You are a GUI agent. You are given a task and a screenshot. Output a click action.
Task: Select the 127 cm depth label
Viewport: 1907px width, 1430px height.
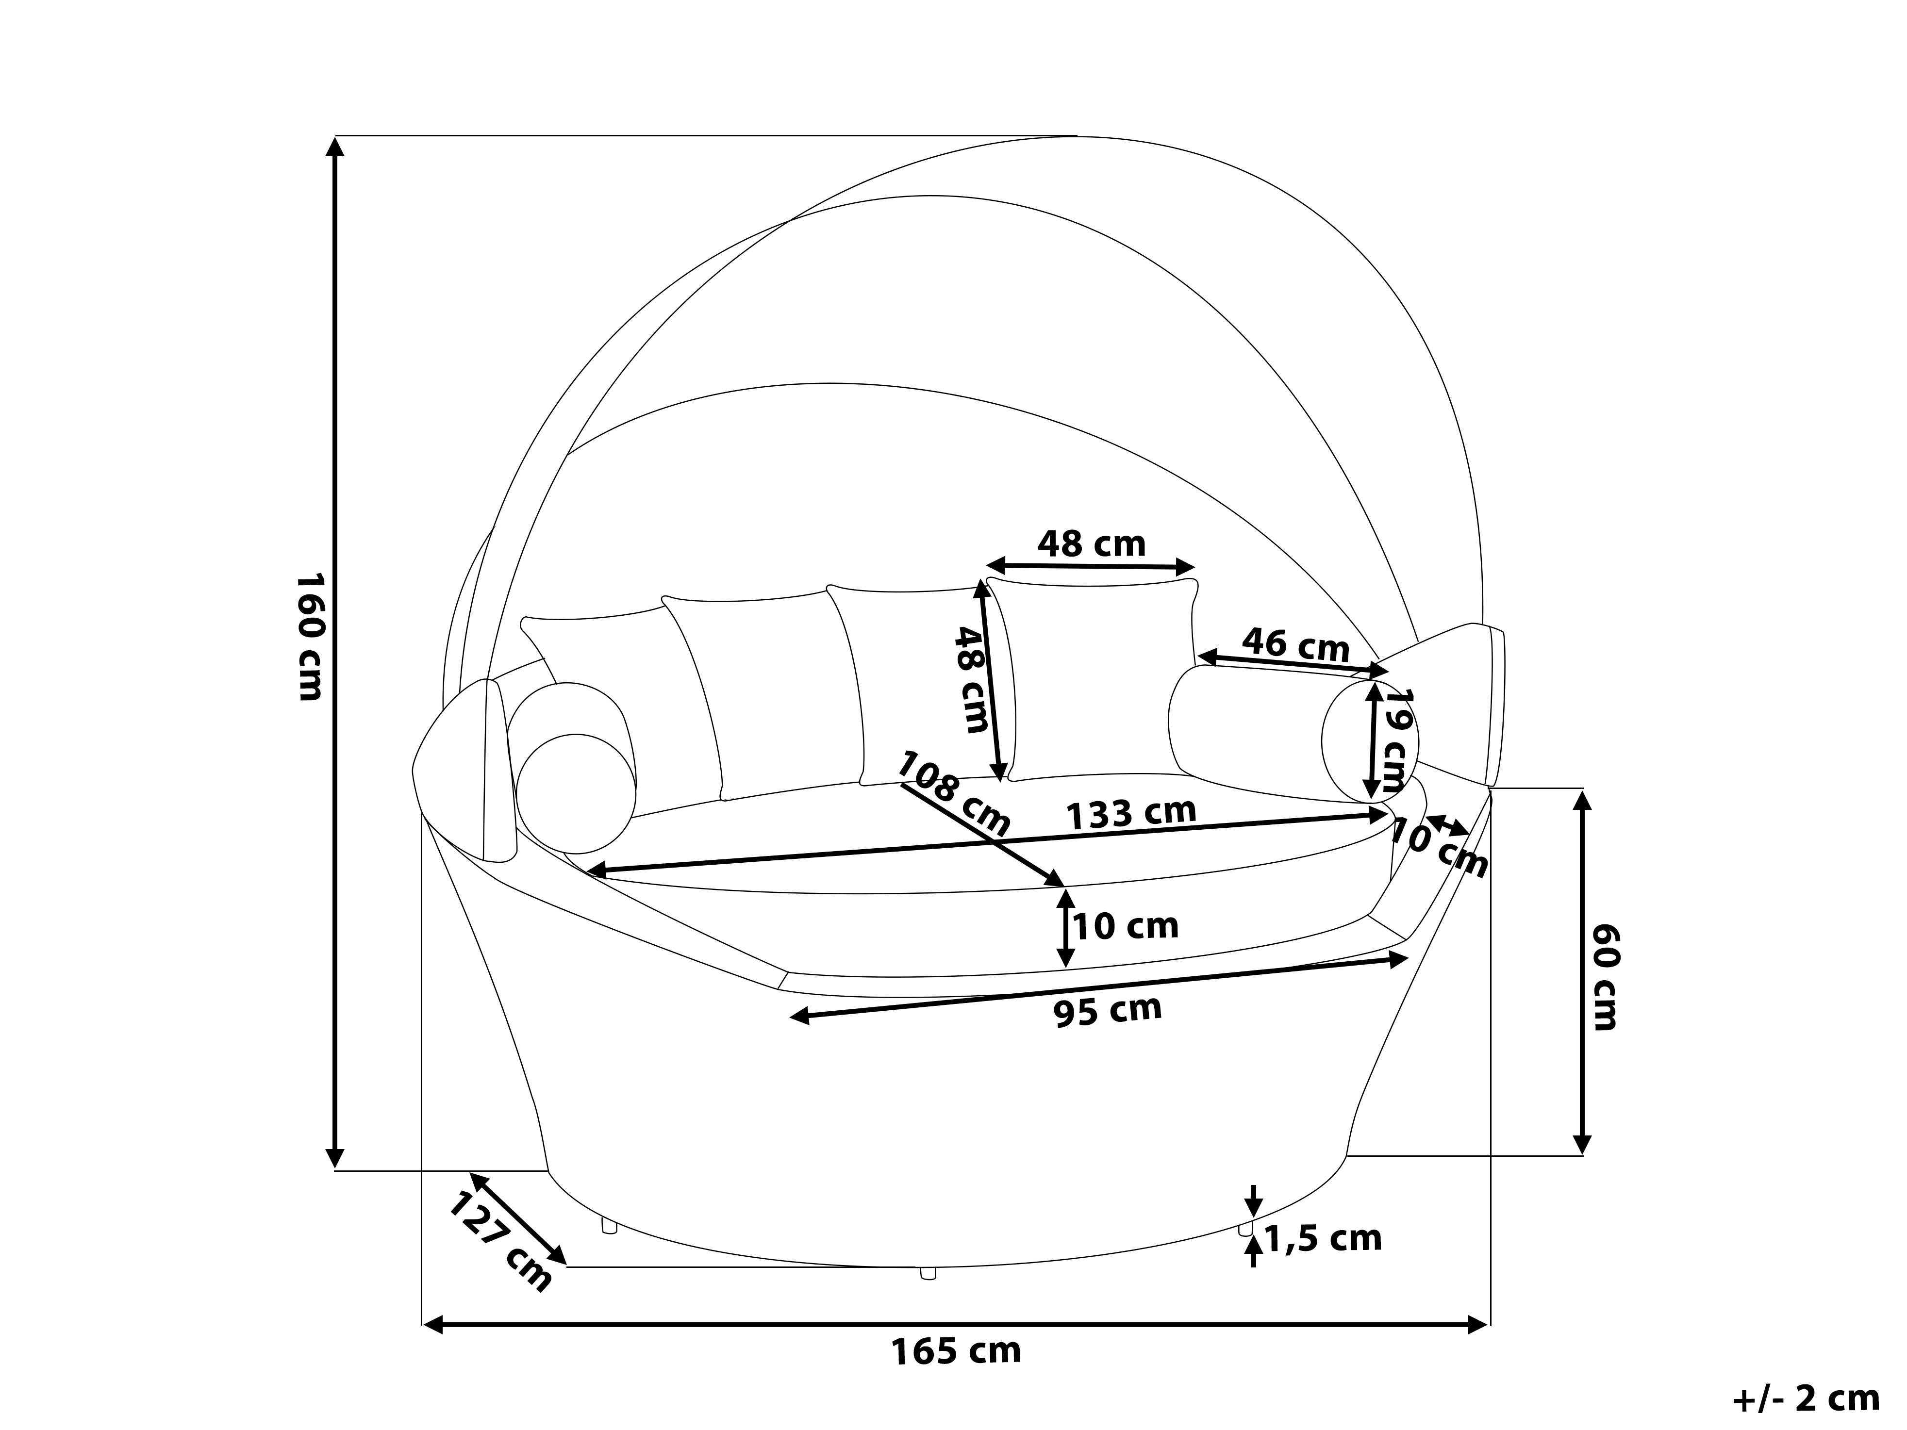pyautogui.click(x=501, y=1242)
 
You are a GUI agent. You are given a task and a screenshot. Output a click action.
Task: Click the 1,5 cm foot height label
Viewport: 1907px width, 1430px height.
pyautogui.click(x=1323, y=1239)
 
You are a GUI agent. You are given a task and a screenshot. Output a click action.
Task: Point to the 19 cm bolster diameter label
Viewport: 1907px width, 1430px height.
pyautogui.click(x=1400, y=740)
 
